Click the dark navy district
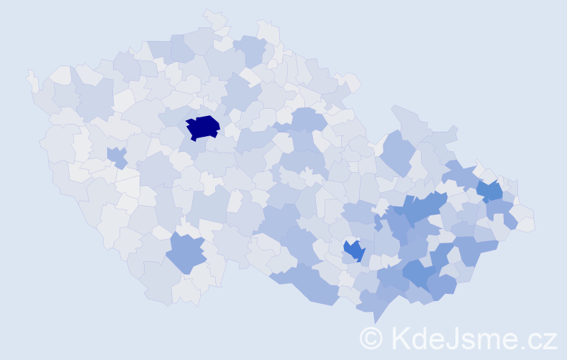click(x=202, y=127)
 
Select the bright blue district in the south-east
click(x=353, y=251)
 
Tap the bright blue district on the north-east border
click(x=491, y=192)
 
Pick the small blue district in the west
click(x=116, y=156)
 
